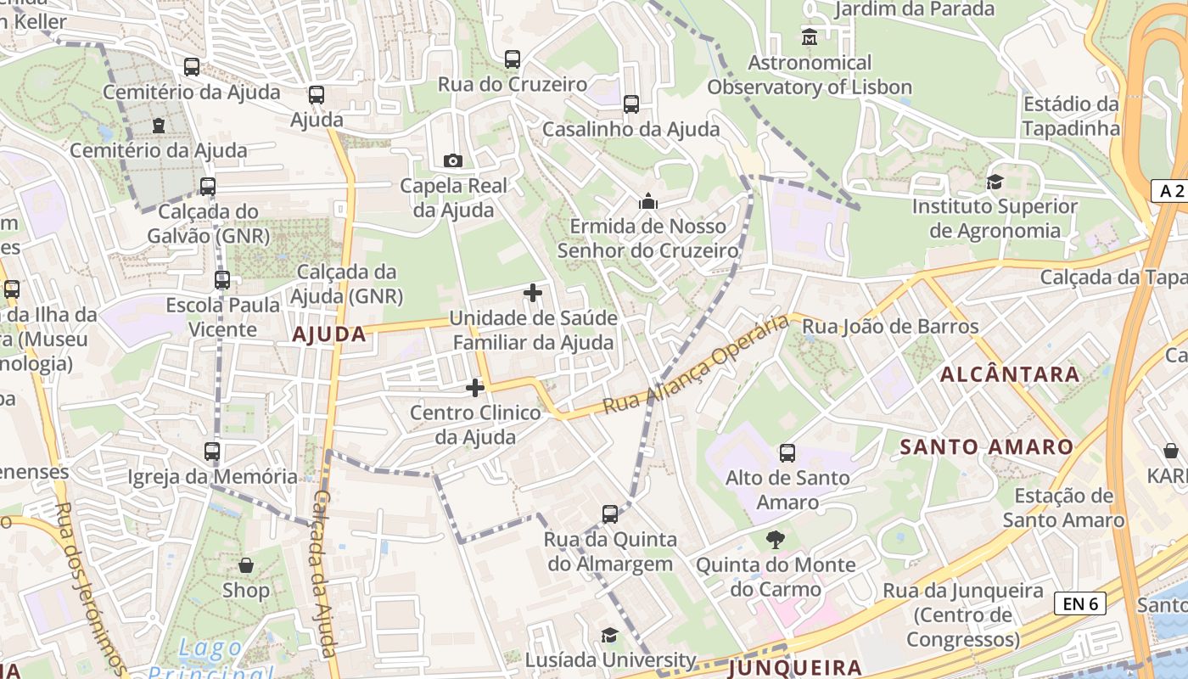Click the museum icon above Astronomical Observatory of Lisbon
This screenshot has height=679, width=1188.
click(810, 37)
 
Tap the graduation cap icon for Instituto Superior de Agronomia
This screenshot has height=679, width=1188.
click(995, 182)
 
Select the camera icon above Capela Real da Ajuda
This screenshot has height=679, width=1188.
click(453, 160)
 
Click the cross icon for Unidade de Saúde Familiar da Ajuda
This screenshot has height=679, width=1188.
click(533, 294)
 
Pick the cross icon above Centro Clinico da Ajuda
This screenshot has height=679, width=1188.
click(475, 388)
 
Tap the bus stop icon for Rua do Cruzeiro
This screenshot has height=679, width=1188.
click(513, 59)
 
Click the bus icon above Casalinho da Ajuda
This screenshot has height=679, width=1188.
click(631, 104)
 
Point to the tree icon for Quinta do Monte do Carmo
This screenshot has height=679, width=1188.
click(775, 539)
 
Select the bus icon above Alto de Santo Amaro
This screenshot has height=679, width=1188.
click(787, 453)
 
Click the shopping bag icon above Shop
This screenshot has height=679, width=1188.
click(246, 564)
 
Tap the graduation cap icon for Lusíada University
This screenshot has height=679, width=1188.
click(609, 636)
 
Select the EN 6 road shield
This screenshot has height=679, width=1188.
click(1079, 603)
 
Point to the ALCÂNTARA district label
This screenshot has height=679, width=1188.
click(1010, 374)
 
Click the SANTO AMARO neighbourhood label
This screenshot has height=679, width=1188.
click(986, 446)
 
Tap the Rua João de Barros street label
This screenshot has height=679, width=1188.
click(890, 326)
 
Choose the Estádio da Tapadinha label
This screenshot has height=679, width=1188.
click(1071, 116)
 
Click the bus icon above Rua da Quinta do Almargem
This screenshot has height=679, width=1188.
click(610, 514)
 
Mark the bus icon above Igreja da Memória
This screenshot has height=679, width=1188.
click(212, 452)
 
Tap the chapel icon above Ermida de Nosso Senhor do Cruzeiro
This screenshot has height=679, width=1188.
click(648, 201)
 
